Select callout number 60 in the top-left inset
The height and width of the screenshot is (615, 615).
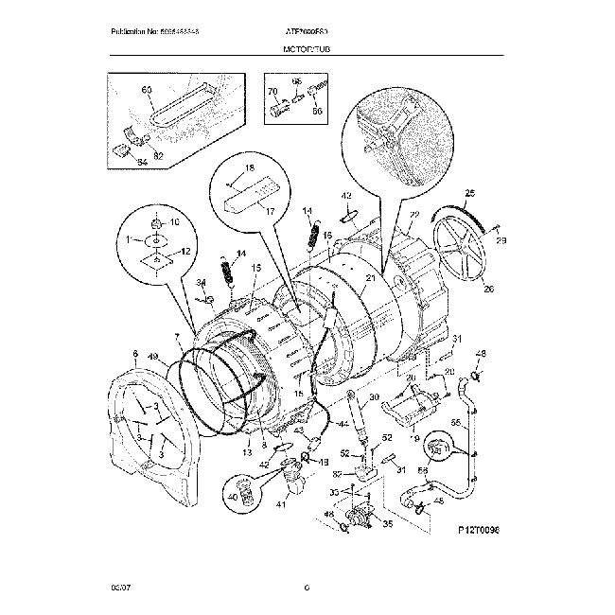[x=146, y=90]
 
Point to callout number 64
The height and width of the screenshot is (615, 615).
[x=115, y=161]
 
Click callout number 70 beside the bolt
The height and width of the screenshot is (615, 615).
[x=272, y=92]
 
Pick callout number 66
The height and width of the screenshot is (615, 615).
[x=317, y=111]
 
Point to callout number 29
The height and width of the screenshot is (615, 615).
[x=501, y=241]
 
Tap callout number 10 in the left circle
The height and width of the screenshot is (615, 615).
[x=173, y=223]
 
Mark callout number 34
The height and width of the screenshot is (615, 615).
[x=201, y=282]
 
